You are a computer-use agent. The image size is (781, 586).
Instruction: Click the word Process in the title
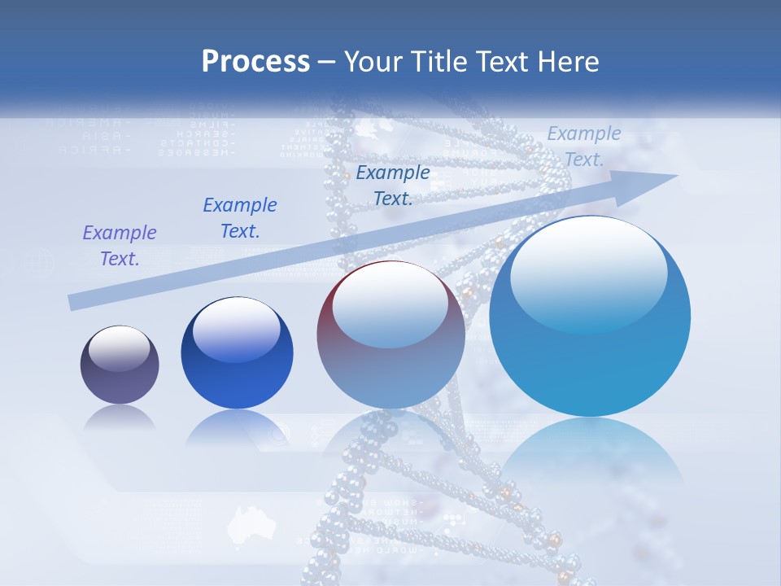click(x=255, y=62)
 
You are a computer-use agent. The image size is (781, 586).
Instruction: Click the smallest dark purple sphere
click(x=120, y=365)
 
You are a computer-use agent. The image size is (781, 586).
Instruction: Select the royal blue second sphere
click(x=237, y=353)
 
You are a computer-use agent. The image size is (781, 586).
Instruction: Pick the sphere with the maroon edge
click(x=390, y=335)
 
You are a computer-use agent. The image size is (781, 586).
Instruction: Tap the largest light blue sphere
click(x=590, y=316)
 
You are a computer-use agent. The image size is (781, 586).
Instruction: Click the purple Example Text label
click(x=120, y=246)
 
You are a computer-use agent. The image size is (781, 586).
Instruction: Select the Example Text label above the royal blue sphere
click(x=240, y=218)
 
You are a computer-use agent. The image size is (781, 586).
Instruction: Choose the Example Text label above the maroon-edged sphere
click(x=393, y=186)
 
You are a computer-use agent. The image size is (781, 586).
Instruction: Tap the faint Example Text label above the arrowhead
click(x=584, y=146)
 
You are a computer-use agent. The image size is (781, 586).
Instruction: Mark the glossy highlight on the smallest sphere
click(x=120, y=348)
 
